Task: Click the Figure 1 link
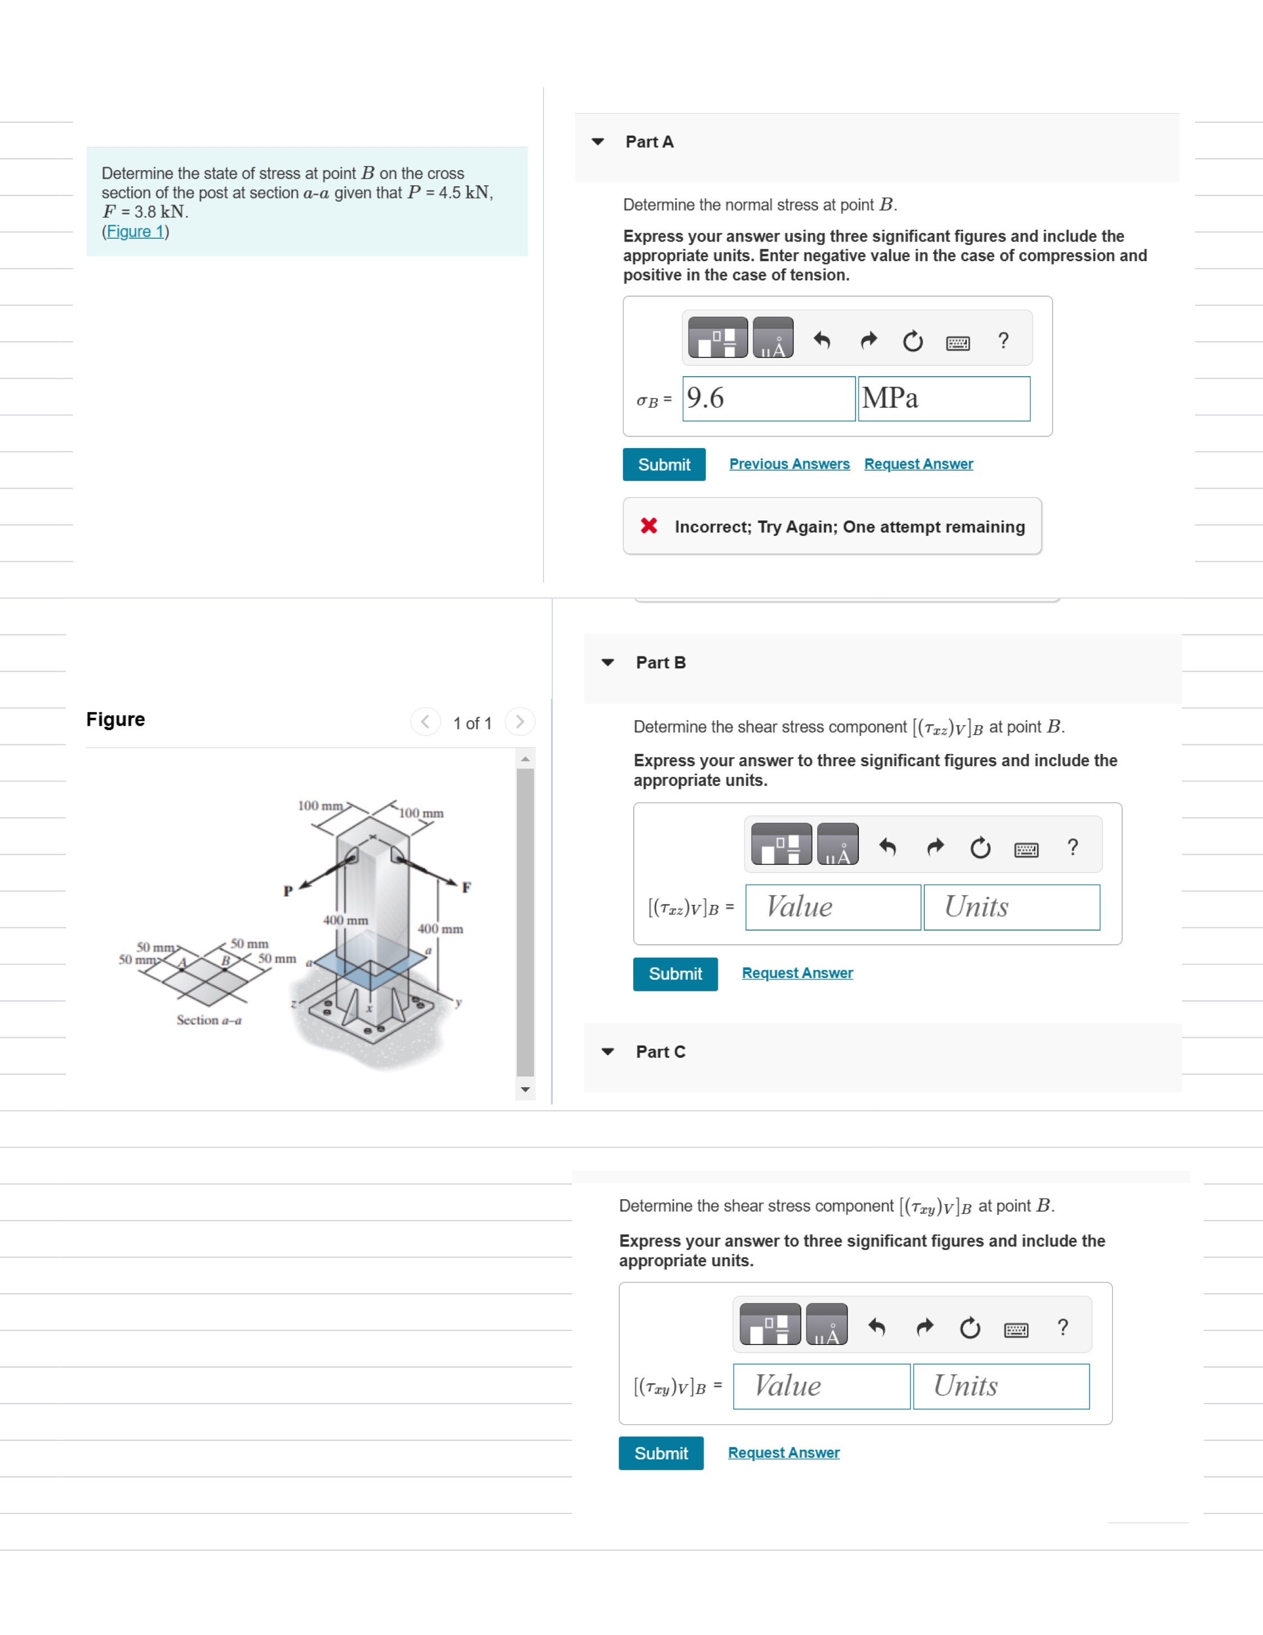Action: tap(136, 231)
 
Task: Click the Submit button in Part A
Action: tap(664, 465)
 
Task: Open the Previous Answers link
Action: tap(789, 464)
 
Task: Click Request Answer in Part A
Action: tap(918, 464)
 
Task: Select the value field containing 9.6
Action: tap(768, 398)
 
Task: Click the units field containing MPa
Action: tap(943, 398)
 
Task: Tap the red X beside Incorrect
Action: tap(649, 526)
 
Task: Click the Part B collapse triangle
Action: tap(607, 663)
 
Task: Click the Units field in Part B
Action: tap(1011, 908)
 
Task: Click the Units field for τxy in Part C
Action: tap(1000, 1387)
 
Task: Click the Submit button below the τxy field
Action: tap(661, 1453)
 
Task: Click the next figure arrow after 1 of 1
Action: tap(519, 722)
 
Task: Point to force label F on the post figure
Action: tap(466, 888)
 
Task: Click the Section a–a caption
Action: tap(209, 1020)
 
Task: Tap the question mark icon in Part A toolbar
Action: tap(1004, 341)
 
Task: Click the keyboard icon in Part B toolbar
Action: tap(1026, 849)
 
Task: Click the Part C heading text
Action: tap(660, 1052)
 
